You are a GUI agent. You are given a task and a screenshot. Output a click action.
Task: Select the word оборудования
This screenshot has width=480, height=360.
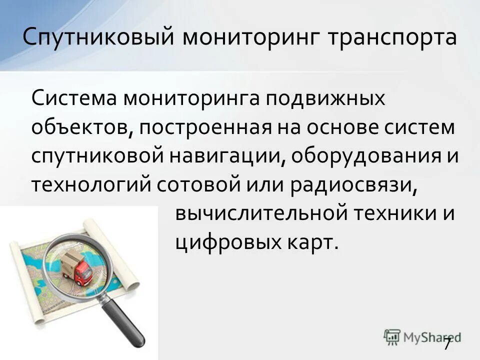click(363, 156)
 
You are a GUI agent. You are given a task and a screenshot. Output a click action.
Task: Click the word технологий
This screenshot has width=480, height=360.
click(90, 185)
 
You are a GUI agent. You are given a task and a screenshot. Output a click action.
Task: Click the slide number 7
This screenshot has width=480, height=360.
click(447, 344)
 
